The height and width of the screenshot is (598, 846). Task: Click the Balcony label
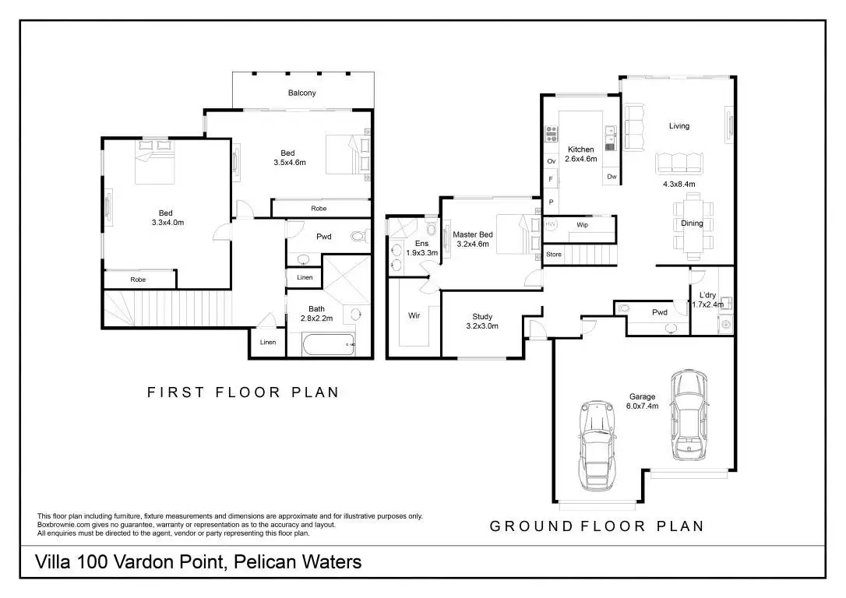click(x=301, y=93)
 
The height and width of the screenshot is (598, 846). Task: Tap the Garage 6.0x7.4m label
click(x=643, y=401)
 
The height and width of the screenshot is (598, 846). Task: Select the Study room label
click(x=482, y=321)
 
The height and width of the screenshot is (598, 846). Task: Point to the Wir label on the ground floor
click(x=414, y=315)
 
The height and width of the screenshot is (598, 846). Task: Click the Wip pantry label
click(x=582, y=225)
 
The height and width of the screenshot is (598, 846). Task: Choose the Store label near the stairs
click(x=553, y=255)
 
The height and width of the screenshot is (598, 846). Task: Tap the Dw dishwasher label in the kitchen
click(x=612, y=177)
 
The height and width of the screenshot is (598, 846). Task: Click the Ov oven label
click(x=551, y=161)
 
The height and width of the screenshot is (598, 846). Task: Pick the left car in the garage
click(x=597, y=445)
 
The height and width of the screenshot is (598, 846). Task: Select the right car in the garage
click(x=689, y=415)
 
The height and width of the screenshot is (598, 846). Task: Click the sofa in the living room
click(x=679, y=163)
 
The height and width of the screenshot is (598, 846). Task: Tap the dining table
click(x=691, y=224)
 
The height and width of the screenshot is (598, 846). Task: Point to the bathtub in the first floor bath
click(x=329, y=345)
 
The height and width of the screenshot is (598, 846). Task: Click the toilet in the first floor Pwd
click(x=359, y=236)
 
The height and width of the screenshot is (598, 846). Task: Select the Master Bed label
click(x=472, y=239)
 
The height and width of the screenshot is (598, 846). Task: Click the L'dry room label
click(x=707, y=299)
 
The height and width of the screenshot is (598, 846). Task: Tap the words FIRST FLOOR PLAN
click(x=243, y=392)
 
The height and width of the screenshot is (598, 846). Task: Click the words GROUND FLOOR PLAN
click(x=596, y=526)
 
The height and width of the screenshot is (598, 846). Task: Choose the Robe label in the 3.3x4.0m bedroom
click(x=138, y=279)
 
